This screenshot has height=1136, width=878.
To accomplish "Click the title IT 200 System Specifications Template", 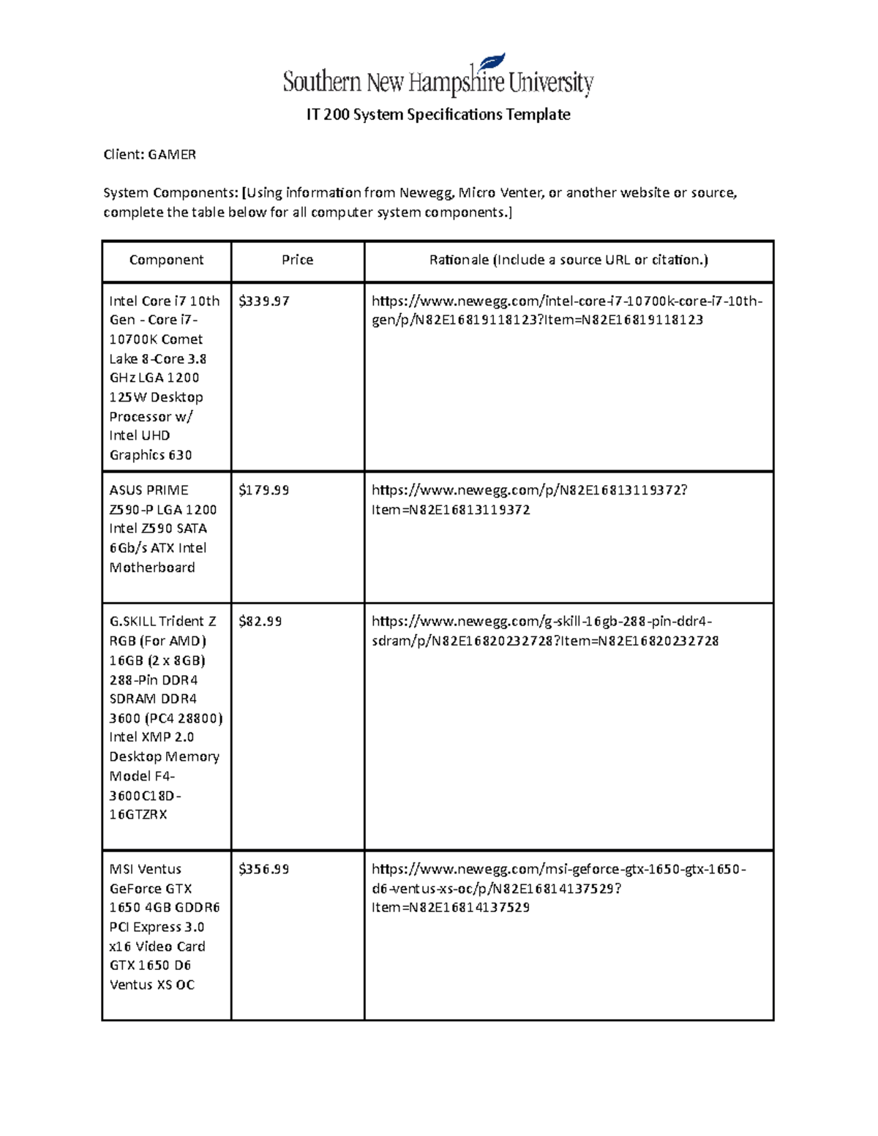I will tap(438, 115).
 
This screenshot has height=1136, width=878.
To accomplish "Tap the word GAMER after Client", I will tap(172, 154).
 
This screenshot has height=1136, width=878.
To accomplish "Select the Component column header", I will tap(166, 260).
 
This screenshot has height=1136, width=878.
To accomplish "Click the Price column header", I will tap(297, 260).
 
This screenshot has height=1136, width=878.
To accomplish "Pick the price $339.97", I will tap(264, 301).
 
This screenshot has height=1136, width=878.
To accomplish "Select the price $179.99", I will tap(264, 490).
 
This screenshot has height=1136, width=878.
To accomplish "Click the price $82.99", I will tap(260, 621).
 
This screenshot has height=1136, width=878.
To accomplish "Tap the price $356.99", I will tap(264, 869).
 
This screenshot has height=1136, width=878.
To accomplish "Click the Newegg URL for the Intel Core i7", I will tap(566, 310).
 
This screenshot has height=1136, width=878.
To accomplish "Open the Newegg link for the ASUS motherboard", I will tap(529, 500).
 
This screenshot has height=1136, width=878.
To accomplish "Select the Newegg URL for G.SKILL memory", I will tap(544, 631).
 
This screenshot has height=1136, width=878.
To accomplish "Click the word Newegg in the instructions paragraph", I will tap(427, 193).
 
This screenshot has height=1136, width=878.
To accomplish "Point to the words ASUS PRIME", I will tap(149, 490).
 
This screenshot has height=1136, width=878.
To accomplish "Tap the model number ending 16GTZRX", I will tap(138, 814).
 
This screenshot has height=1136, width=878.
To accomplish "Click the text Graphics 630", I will tap(151, 455).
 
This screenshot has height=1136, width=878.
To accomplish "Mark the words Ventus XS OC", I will tap(152, 985).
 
